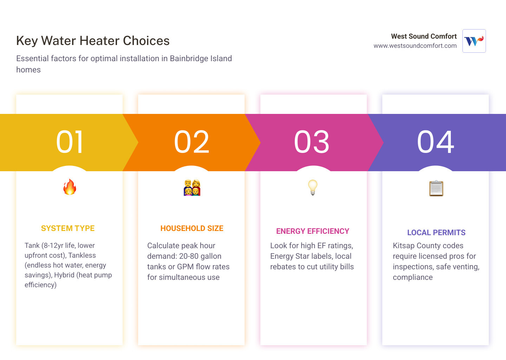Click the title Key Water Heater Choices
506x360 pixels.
[93, 41]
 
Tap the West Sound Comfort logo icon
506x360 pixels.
[474, 41]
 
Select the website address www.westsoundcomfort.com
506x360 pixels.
[415, 46]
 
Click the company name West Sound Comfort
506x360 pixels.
[424, 36]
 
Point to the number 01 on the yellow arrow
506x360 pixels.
[70, 142]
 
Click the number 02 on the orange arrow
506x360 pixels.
[192, 142]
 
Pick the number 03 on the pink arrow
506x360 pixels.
[312, 142]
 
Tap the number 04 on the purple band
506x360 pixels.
[435, 142]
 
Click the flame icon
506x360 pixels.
[70, 187]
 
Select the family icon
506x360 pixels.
[192, 187]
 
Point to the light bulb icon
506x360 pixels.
[313, 187]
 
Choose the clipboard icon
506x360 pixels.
[436, 188]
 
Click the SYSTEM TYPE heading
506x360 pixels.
[68, 229]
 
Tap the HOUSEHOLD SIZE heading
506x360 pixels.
[192, 229]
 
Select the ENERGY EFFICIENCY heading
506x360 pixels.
[313, 231]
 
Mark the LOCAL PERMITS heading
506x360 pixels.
[436, 233]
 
